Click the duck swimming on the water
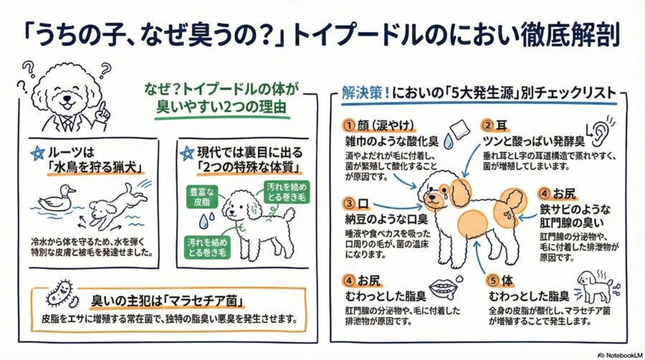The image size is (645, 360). pos(57,198)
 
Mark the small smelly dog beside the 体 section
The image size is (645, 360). pos(595,285)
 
